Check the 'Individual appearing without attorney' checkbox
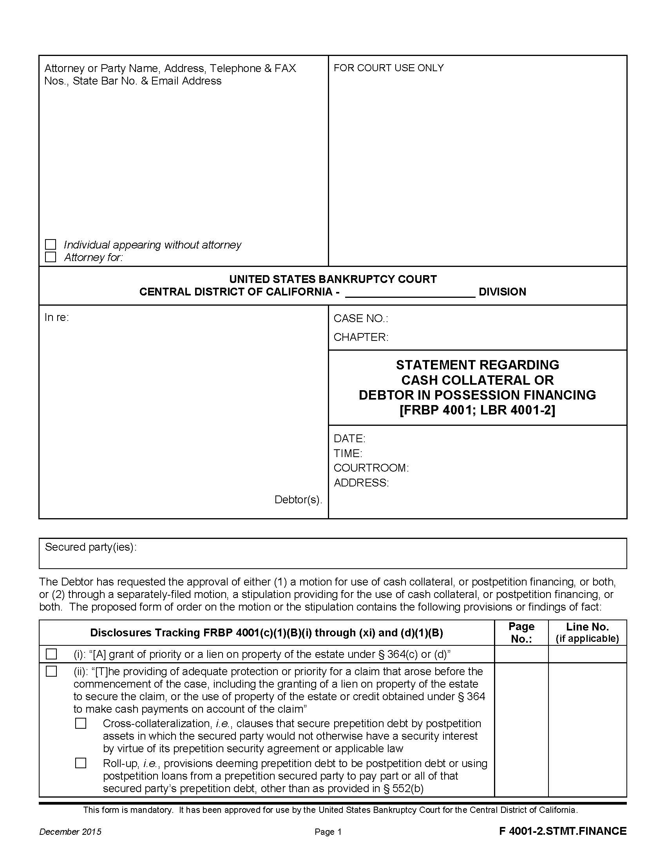[x=51, y=245]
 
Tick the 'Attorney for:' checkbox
[x=51, y=257]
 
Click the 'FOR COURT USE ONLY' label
[x=388, y=68]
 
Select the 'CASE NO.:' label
[x=360, y=319]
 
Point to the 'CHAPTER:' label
[x=360, y=337]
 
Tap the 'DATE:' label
[x=349, y=438]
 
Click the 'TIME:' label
[x=347, y=453]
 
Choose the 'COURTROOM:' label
[x=371, y=468]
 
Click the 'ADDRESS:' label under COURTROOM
[x=361, y=483]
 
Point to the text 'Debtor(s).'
[x=298, y=499]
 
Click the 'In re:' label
[x=56, y=317]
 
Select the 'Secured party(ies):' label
[x=90, y=547]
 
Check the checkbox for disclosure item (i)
[x=51, y=654]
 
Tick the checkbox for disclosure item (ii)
[x=51, y=671]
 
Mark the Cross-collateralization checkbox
[x=80, y=723]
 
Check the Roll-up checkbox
[x=80, y=763]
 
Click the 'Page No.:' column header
[x=521, y=632]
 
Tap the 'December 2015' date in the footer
[x=70, y=831]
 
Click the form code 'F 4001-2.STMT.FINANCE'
[x=563, y=831]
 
